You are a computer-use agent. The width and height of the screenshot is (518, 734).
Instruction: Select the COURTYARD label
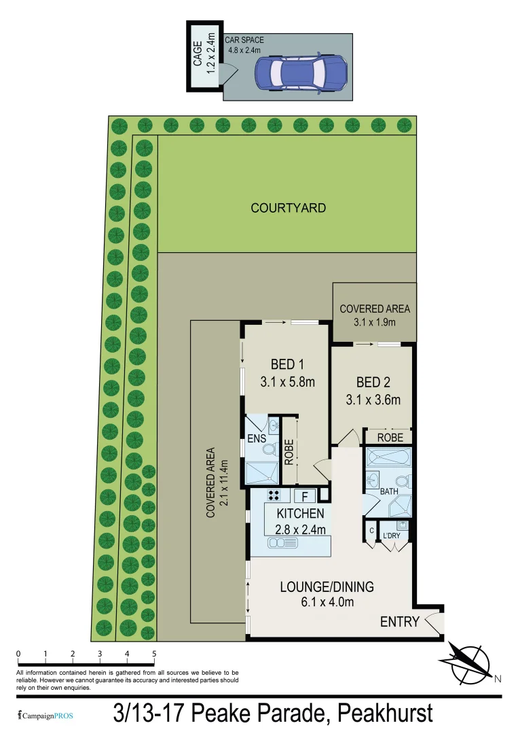[x=288, y=208]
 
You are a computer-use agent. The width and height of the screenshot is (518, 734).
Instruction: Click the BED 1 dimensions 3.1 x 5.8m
[x=287, y=382]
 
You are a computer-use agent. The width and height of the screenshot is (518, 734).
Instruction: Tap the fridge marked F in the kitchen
[x=305, y=496]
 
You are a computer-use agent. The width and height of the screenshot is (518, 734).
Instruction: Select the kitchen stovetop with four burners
[x=274, y=495]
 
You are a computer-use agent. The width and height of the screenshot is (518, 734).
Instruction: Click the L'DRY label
[x=392, y=537]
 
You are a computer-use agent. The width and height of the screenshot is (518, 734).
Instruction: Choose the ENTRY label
[x=399, y=621]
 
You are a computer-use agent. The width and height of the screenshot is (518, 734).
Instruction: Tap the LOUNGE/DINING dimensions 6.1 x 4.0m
[x=327, y=601]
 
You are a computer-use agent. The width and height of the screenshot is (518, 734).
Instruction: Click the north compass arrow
[x=468, y=661]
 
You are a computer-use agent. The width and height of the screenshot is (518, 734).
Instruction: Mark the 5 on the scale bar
[x=154, y=654]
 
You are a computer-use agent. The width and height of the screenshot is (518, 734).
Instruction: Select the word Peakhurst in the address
[x=385, y=714]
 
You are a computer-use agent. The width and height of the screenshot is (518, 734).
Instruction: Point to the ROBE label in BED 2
[x=390, y=438]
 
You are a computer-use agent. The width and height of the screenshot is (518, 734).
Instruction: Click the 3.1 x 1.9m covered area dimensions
[x=374, y=323]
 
